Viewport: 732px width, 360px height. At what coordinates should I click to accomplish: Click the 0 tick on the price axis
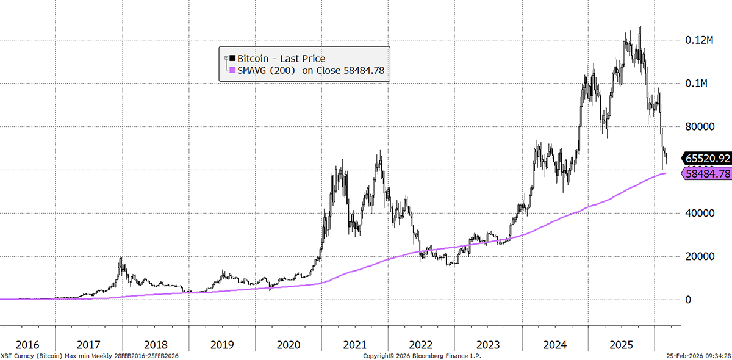pyautogui.click(x=689, y=300)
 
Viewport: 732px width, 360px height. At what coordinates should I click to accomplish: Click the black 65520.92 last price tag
pyautogui.click(x=707, y=159)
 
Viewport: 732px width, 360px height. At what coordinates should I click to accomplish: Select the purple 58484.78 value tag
pyautogui.click(x=707, y=174)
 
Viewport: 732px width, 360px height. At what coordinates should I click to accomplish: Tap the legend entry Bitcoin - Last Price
pyautogui.click(x=281, y=59)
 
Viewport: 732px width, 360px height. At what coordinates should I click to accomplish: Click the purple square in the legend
pyautogui.click(x=231, y=71)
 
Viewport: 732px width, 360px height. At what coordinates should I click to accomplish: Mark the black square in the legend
pyautogui.click(x=231, y=59)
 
